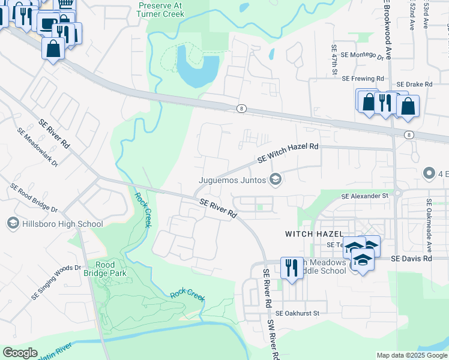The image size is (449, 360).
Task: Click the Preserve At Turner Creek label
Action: point(160,8)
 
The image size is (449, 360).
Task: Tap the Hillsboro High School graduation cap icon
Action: point(12,224)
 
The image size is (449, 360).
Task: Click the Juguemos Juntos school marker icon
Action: point(276,179)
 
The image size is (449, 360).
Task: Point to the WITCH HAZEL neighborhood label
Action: point(314,233)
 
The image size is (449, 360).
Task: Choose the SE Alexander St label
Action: point(365,196)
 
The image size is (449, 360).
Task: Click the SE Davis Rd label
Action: point(411,259)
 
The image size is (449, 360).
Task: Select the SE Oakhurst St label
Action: point(298,313)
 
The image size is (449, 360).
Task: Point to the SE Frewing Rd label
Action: point(363,79)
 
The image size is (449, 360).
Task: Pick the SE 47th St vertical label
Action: point(335,60)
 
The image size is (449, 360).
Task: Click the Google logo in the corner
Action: point(20,353)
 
